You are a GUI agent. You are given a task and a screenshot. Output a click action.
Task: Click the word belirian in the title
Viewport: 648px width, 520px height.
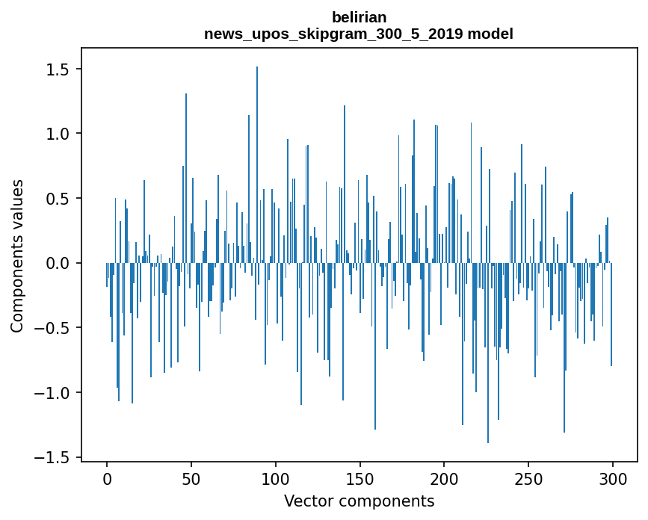pyautogui.click(x=359, y=17)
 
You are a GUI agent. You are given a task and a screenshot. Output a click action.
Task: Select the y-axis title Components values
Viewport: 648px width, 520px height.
pyautogui.click(x=17, y=256)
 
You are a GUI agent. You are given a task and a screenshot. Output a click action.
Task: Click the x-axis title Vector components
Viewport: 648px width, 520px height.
pyautogui.click(x=359, y=501)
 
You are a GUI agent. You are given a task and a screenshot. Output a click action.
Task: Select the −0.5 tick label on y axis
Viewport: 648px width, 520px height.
pyautogui.click(x=51, y=328)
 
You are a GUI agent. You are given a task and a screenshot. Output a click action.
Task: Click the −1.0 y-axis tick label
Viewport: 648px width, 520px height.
pyautogui.click(x=51, y=393)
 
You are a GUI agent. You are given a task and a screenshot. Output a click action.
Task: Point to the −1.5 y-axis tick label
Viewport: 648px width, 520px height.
pyautogui.click(x=51, y=457)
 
